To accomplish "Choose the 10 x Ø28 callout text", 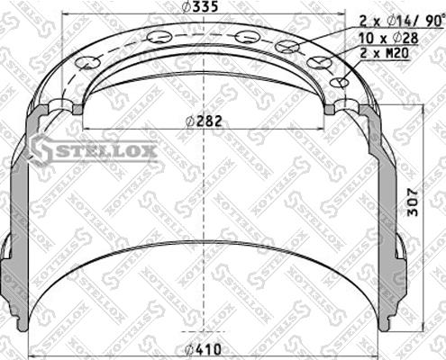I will click(387, 39).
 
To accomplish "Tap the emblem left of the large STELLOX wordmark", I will click(41, 148).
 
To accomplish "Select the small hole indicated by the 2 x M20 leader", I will click(339, 83).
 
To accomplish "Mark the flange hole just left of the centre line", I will click(161, 37).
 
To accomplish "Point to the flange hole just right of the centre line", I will click(244, 37).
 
